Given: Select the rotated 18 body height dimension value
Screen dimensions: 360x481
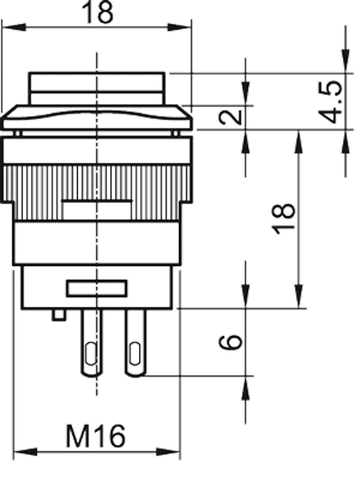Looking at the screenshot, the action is tap(284, 219).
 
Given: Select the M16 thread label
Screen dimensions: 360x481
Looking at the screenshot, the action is tap(96, 436).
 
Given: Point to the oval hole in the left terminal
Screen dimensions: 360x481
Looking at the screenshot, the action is tap(91, 354).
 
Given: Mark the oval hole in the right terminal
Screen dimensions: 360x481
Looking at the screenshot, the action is tap(135, 354).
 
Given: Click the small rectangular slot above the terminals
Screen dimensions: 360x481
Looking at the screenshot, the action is tap(97, 289).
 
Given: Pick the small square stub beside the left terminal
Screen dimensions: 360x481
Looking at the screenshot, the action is tap(58, 315).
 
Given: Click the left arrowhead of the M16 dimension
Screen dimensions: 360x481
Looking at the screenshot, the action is tap(25, 452).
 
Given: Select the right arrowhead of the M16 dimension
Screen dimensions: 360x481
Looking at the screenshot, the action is tap(168, 452).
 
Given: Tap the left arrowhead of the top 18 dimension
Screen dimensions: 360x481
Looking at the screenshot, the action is tap(14, 27).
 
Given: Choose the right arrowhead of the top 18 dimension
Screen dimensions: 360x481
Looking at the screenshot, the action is tap(180, 27).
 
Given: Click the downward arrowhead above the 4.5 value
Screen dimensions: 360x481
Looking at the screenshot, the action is tap(346, 61).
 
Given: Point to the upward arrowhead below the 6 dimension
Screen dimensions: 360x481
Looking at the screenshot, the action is tap(245, 388).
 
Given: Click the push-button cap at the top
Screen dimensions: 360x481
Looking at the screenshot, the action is tap(97, 89).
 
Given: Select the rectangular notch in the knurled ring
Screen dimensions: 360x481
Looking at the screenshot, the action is tap(97, 210).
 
